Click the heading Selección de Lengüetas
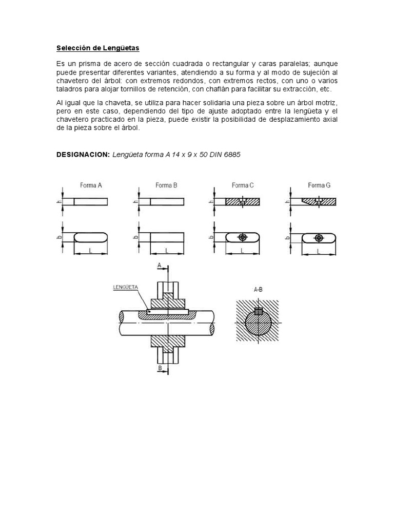point(97,48)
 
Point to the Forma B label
point(166,185)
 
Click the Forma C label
point(243,185)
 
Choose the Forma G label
point(319,185)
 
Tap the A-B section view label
point(259,290)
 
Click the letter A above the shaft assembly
point(160,265)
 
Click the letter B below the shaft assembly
point(160,368)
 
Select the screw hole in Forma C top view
point(243,237)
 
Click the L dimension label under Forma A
point(91,251)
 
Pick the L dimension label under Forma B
point(166,251)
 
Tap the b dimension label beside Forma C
point(211,237)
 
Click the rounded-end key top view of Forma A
point(91,237)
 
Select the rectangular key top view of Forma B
point(166,237)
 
